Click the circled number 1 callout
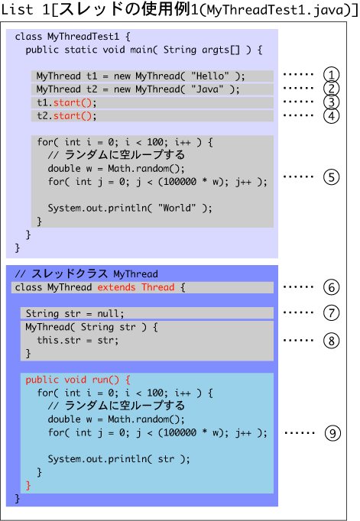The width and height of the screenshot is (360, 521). tap(332, 75)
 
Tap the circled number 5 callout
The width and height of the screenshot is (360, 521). tap(332, 177)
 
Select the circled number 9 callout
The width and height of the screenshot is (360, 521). tap(332, 433)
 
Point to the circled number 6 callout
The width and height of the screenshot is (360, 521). tap(332, 287)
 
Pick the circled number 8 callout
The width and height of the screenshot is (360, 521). tap(332, 341)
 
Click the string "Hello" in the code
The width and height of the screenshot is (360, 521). tap(209, 76)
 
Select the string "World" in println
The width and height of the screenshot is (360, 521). tap(177, 208)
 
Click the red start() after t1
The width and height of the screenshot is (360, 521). tap(72, 102)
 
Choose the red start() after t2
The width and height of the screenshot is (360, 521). tap(72, 116)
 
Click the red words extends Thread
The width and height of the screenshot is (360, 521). tap(136, 287)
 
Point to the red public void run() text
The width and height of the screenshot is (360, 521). tap(78, 380)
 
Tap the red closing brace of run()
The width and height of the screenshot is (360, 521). tap(28, 485)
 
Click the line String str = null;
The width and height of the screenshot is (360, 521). tap(75, 313)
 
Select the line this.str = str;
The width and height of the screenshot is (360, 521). tap(77, 340)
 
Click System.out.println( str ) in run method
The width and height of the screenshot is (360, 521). tap(118, 459)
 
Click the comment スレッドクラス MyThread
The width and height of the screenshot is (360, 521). tap(95, 273)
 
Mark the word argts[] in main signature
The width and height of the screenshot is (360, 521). tap(221, 50)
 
